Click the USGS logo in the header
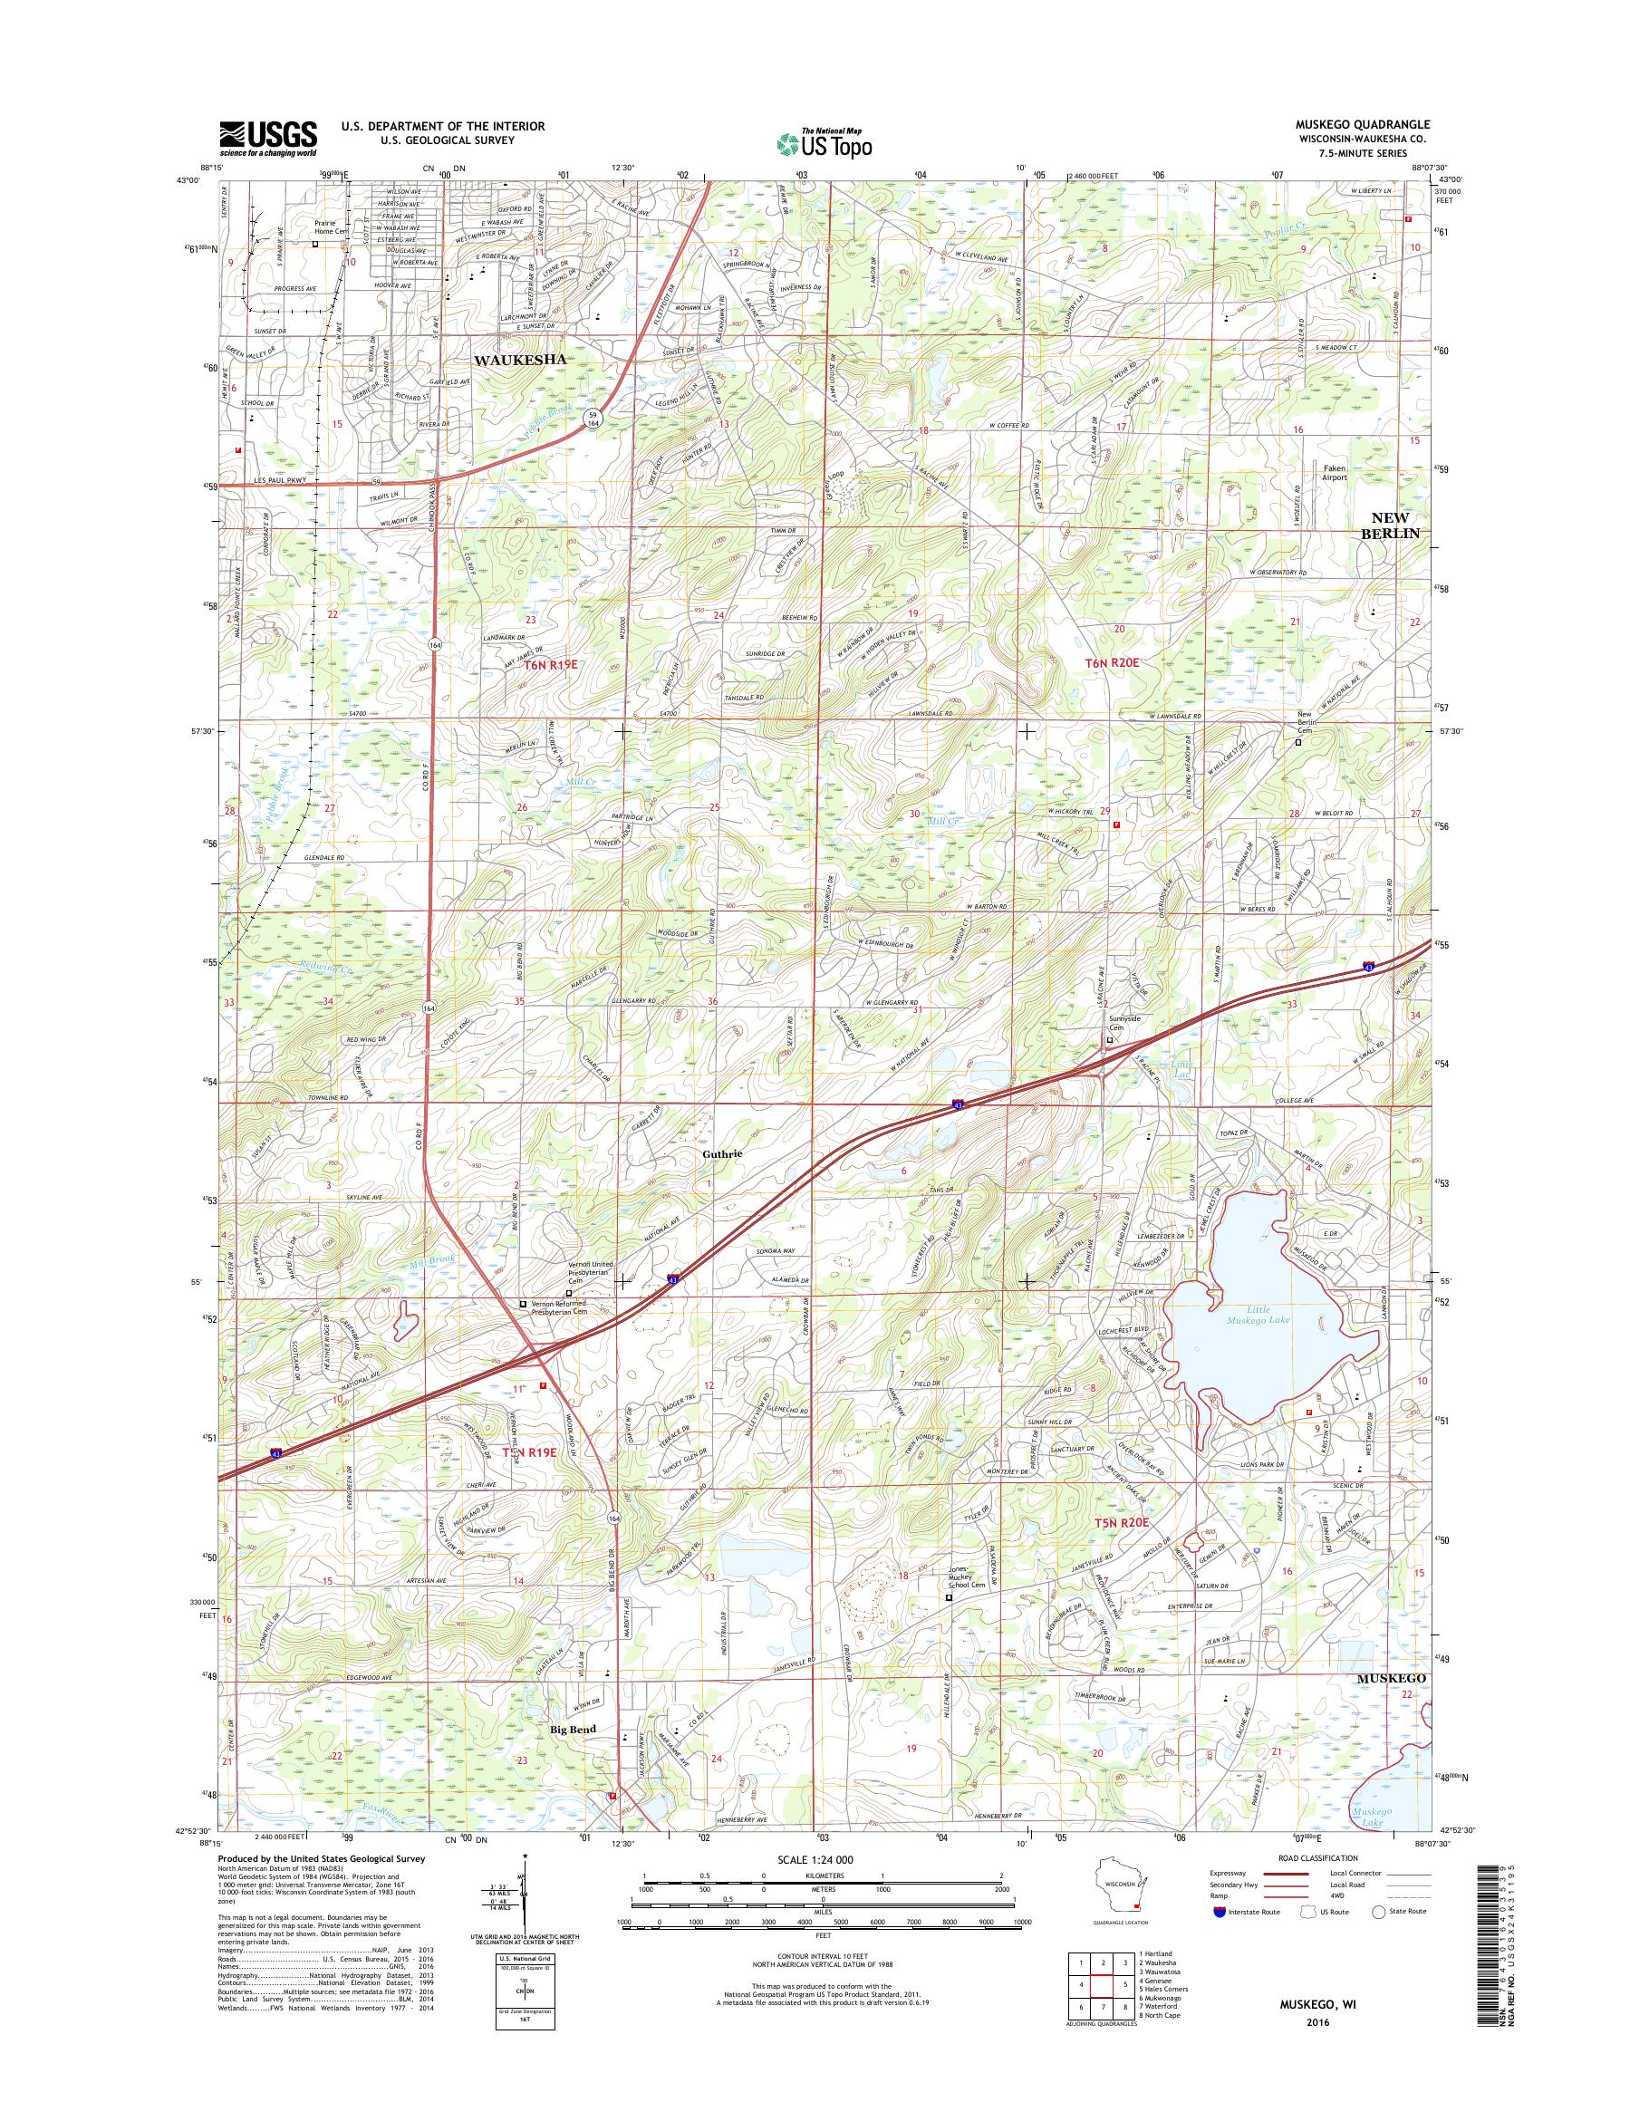[x=268, y=138]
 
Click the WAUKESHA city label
[x=518, y=358]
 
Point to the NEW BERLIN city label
[x=1389, y=525]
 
